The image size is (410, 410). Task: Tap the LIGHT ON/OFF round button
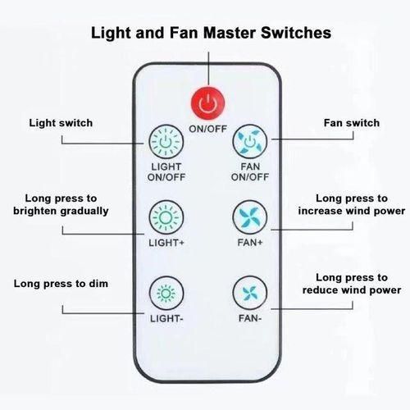[x=166, y=142]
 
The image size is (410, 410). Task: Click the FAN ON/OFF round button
[x=249, y=142]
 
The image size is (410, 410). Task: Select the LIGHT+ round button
[x=166, y=217]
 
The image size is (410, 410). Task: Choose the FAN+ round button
[x=249, y=217]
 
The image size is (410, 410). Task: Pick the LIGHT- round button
[x=166, y=294]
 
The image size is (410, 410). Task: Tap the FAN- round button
[x=249, y=294]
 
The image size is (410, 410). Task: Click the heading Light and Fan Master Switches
[x=211, y=33]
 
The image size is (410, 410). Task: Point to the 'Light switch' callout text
[x=61, y=123]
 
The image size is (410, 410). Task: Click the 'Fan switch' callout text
[x=352, y=123]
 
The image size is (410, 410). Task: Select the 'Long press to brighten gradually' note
[x=61, y=205]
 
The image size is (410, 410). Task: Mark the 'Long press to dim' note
[x=61, y=284]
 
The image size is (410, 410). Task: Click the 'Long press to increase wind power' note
[x=352, y=205]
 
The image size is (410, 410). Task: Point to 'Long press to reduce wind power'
[x=352, y=284]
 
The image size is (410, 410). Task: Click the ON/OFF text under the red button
[x=208, y=129]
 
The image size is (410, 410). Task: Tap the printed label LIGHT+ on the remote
[x=166, y=243]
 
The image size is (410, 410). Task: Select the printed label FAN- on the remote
[x=250, y=318]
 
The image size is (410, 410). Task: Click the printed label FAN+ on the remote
[x=250, y=243]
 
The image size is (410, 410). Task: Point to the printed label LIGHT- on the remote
[x=166, y=318]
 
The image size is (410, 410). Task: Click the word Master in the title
[x=230, y=33]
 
